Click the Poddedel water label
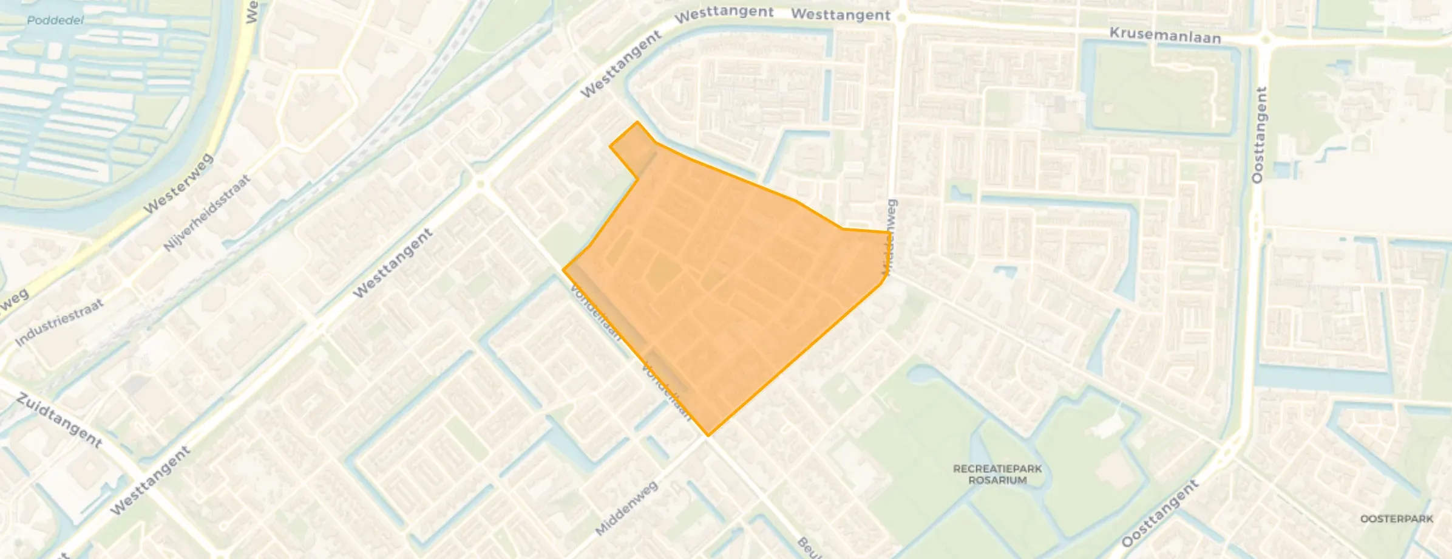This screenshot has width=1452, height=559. click(55, 20)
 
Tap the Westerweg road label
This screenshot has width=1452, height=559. click(178, 183)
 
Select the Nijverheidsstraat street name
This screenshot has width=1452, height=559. click(207, 213)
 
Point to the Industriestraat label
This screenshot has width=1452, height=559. click(59, 321)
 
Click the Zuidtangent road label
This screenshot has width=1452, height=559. click(59, 420)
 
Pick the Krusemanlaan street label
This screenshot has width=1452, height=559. click(1165, 35)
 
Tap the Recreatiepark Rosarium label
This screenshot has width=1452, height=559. click(997, 474)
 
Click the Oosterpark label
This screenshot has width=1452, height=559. click(1396, 518)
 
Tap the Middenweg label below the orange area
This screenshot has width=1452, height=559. click(626, 508)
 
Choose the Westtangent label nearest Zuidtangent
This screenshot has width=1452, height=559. click(151, 480)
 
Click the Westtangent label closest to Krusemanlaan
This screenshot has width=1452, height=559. click(841, 15)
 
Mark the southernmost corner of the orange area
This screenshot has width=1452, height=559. click(708, 435)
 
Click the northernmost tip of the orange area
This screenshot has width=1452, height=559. click(637, 122)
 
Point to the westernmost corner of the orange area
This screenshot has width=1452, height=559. click(564, 269)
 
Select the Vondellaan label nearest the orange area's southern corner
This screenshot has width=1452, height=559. click(667, 392)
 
